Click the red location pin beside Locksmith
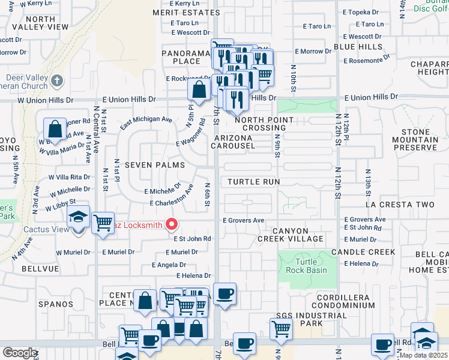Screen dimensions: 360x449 coord(172,224)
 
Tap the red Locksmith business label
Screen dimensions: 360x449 coord(140,225)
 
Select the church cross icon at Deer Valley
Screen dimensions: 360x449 coord(56,80)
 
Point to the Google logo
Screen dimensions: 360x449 coord(19,353)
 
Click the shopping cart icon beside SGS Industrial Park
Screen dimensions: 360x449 coord(280,328)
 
